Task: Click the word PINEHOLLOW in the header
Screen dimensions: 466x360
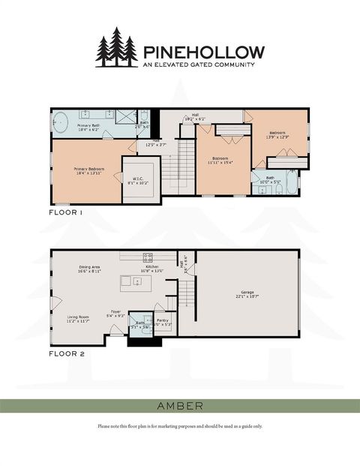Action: pos(202,52)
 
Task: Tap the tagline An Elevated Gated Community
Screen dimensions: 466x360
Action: pos(199,65)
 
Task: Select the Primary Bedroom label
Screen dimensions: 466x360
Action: pos(88,172)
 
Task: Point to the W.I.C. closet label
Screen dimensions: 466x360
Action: pos(138,179)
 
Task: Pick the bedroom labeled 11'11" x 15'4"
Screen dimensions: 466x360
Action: pos(223,160)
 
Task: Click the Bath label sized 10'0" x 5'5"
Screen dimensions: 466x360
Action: pos(270,180)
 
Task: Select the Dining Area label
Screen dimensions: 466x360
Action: pos(89,269)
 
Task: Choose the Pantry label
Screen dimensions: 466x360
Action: pos(163,322)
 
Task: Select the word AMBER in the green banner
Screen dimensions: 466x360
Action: pos(180,406)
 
